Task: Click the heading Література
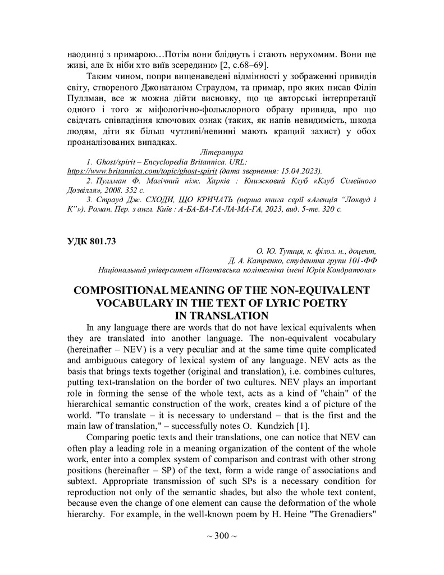pos(221,152)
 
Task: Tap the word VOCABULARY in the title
pos(143,303)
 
